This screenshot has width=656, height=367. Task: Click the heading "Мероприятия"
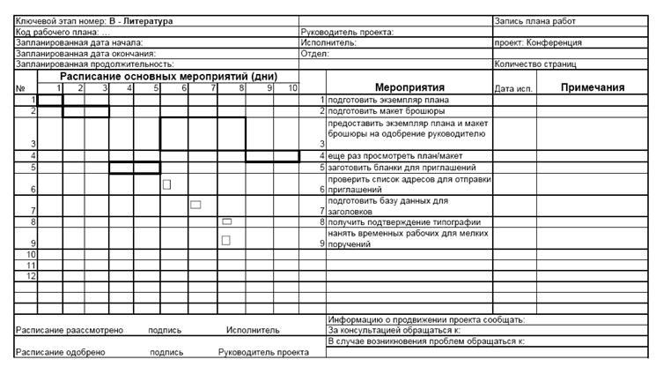(x=409, y=87)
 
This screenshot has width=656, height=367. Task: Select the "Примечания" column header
(x=592, y=87)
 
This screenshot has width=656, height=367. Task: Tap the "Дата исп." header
(x=514, y=88)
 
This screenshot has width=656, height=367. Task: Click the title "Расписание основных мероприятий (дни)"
(x=168, y=77)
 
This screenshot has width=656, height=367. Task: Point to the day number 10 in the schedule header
(x=291, y=88)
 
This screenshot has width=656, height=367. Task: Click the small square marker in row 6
(x=166, y=184)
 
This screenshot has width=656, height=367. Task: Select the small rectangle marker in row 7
(x=195, y=205)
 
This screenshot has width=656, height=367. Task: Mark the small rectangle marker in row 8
(x=226, y=221)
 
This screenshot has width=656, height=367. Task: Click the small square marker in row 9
(x=225, y=239)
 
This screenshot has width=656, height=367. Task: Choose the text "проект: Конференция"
(x=538, y=42)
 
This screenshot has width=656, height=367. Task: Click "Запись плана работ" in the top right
(x=534, y=19)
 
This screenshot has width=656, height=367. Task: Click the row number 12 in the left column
(x=31, y=276)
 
